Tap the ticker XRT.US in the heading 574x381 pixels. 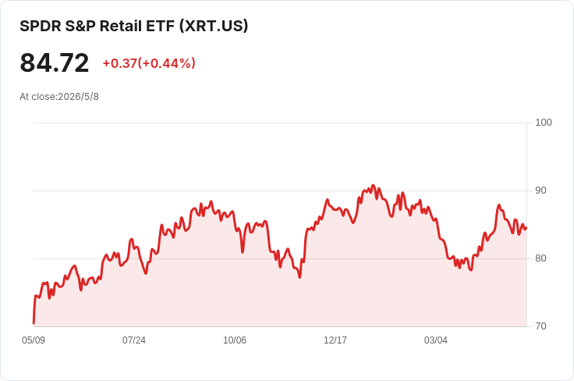214,26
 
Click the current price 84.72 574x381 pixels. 54,62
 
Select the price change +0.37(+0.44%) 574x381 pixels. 149,63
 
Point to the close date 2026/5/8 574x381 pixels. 78,97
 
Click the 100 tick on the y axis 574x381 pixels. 544,123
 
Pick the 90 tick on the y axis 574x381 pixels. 540,190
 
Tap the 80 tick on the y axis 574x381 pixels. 540,258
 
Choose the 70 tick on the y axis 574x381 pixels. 540,326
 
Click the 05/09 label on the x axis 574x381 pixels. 34,340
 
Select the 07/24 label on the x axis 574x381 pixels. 134,340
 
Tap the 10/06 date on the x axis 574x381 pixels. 235,340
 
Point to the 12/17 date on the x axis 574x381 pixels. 335,340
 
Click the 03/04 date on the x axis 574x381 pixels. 436,340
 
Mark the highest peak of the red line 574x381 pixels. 373,185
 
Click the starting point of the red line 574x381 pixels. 34,323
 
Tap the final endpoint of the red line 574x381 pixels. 526,228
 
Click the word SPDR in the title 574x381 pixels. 41,26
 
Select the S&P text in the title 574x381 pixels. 80,26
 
